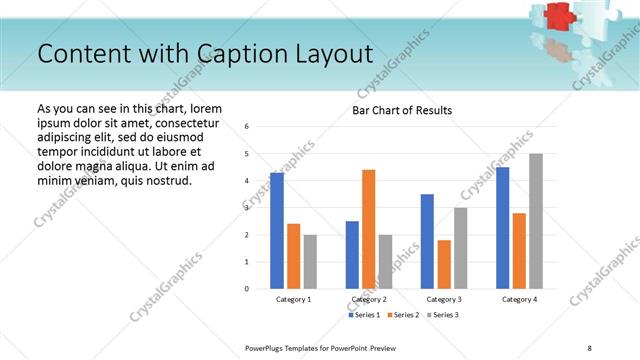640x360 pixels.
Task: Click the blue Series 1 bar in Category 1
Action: [x=277, y=231]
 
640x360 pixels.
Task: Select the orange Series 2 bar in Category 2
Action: [x=369, y=229]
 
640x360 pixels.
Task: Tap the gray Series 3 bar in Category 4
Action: [x=536, y=221]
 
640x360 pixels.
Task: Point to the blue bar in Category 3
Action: [x=427, y=241]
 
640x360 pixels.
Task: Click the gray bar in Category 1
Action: [x=310, y=262]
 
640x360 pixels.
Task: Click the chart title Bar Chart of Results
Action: [x=402, y=110]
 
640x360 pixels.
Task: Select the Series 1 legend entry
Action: [x=365, y=315]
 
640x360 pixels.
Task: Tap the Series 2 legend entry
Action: [x=403, y=315]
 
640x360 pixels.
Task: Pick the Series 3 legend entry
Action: [x=442, y=315]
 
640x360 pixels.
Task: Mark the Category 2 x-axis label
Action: [x=369, y=299]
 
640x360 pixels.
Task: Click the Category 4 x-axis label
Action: [x=519, y=299]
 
